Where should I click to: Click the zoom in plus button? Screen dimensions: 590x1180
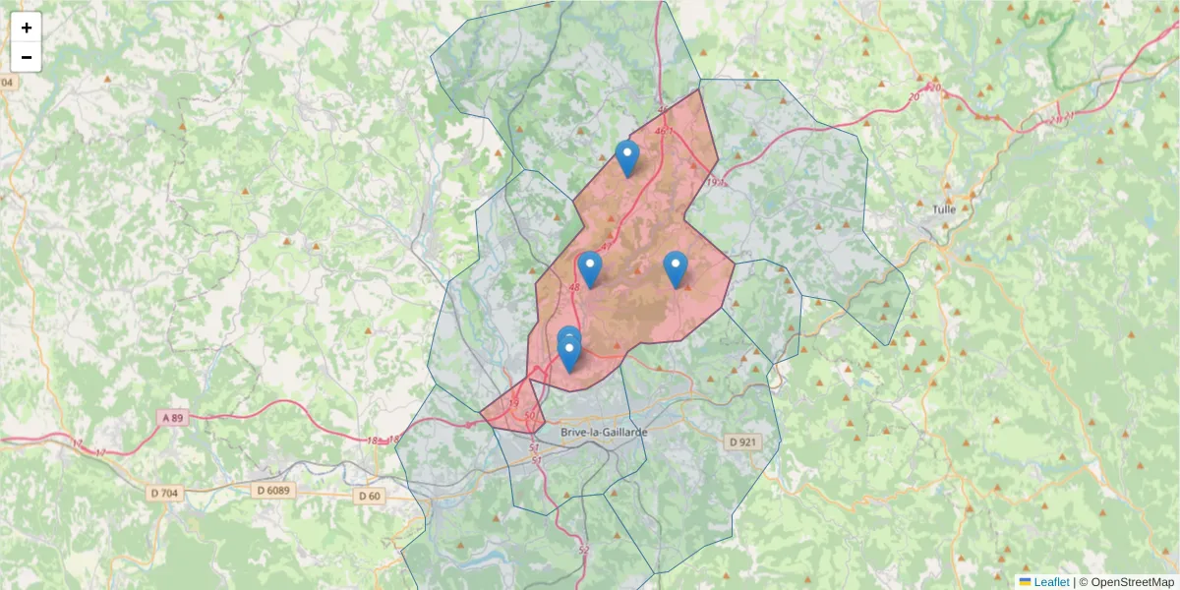click(27, 28)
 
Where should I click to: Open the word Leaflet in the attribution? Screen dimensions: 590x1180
click(1051, 582)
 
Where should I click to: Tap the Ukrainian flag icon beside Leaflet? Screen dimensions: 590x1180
click(1025, 582)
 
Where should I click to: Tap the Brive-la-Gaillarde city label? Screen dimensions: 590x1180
click(603, 432)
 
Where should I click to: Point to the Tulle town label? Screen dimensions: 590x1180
click(944, 209)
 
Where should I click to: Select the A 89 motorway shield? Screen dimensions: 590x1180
click(172, 418)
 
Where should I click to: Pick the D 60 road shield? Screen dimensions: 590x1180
click(369, 496)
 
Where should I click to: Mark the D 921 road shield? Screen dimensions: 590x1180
click(743, 442)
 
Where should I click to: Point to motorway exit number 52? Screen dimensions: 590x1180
click(583, 550)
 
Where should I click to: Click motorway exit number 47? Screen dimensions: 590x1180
click(607, 246)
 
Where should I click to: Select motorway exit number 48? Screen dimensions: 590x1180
click(573, 287)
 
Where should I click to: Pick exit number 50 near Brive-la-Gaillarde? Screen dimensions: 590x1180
click(531, 417)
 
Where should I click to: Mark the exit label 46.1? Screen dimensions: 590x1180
click(666, 129)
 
